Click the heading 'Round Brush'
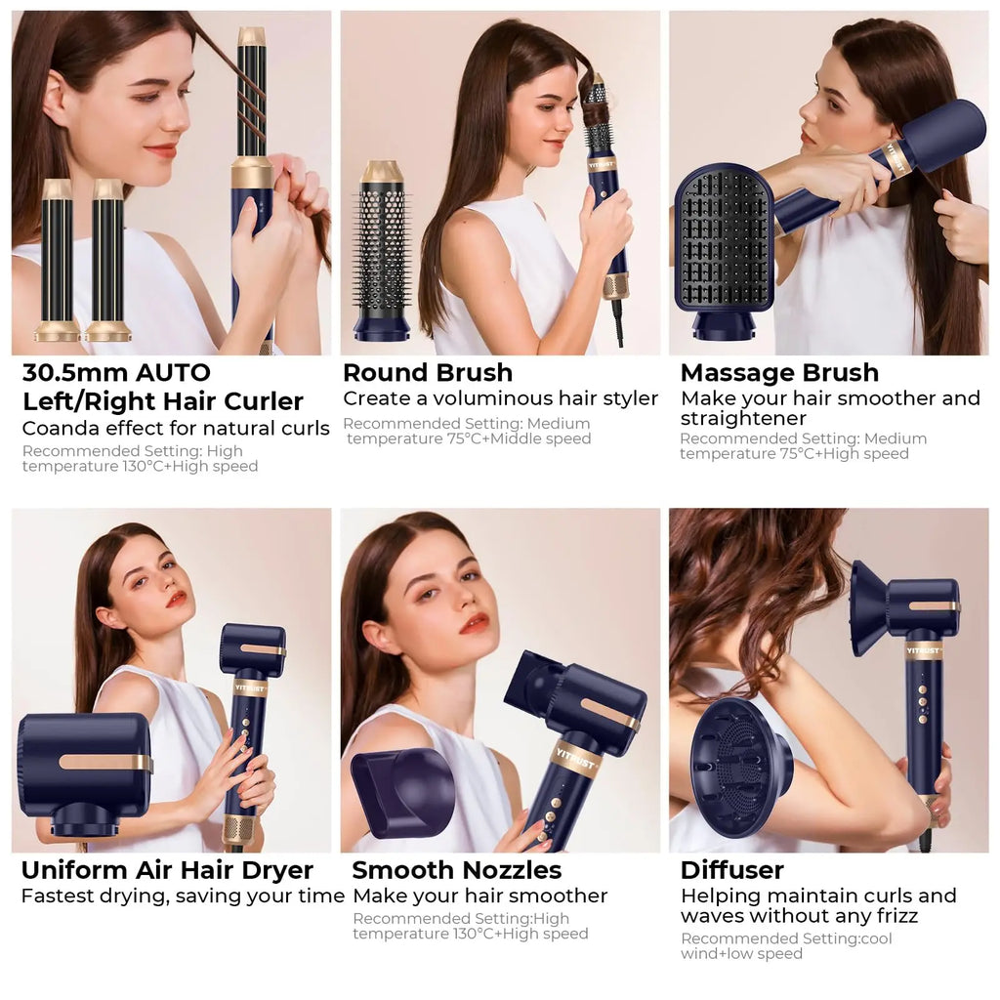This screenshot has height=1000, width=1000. pyautogui.click(x=428, y=373)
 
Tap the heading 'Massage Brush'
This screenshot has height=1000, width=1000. pyautogui.click(x=779, y=373)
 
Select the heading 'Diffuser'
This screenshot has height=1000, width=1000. pyautogui.click(x=732, y=870)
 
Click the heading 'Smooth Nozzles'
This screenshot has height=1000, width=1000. pyautogui.click(x=457, y=870)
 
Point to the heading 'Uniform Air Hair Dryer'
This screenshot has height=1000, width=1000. pyautogui.click(x=167, y=870)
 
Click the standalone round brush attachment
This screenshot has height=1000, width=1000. pyautogui.click(x=381, y=249)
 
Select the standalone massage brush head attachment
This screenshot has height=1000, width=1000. pyautogui.click(x=724, y=244)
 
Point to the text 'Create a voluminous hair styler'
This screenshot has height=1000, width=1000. pyautogui.click(x=500, y=398)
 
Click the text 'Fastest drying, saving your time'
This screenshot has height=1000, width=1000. pyautogui.click(x=183, y=896)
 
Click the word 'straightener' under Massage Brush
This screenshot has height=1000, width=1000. pyautogui.click(x=743, y=418)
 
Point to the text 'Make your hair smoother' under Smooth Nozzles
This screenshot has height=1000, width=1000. pyautogui.click(x=479, y=896)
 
